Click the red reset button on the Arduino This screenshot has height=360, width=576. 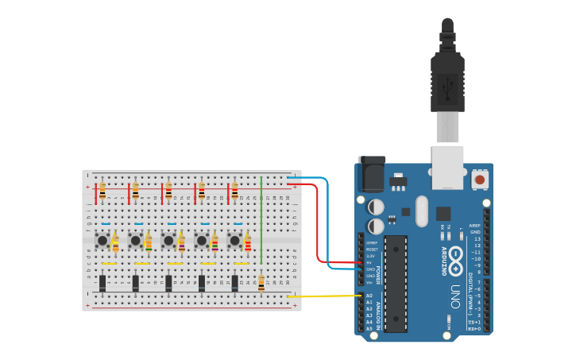point(479,180)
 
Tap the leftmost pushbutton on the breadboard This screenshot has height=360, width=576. point(102,240)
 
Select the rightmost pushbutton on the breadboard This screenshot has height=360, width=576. point(234,240)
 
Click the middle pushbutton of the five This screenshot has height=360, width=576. point(168,240)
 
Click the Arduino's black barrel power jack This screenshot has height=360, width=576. point(371,174)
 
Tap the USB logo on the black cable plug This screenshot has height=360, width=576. point(447,85)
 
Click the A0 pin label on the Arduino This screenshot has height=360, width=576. point(369,296)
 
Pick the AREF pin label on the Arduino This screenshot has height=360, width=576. point(475,225)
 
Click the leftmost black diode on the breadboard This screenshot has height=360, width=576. point(102,282)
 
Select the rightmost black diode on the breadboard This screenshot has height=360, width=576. point(234,282)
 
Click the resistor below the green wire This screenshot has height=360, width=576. point(261,283)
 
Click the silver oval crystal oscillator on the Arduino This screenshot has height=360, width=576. point(421,211)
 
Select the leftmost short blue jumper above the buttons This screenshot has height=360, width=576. point(106,225)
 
